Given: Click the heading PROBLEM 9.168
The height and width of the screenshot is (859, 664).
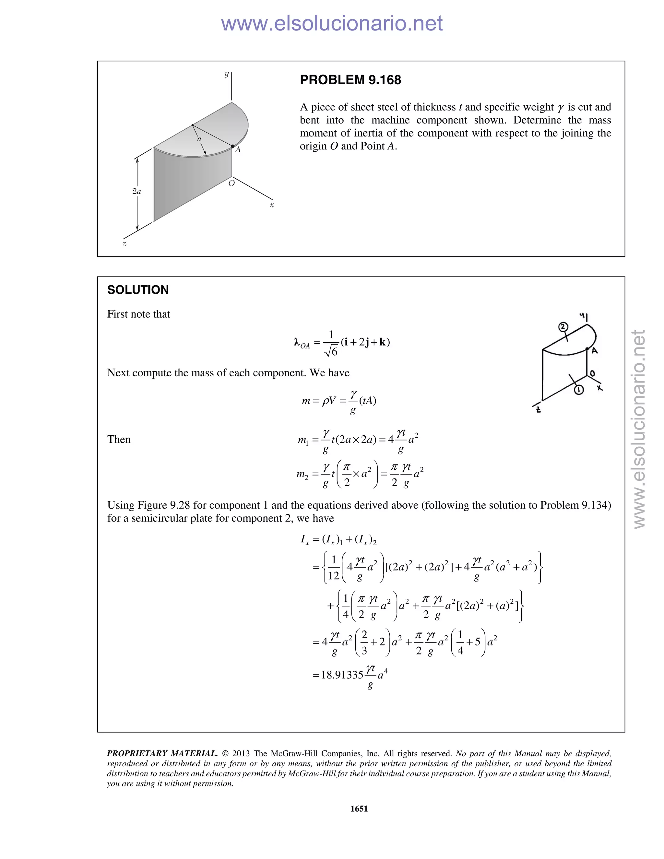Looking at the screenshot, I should tap(350, 80).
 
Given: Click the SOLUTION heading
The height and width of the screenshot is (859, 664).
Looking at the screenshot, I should tap(138, 290).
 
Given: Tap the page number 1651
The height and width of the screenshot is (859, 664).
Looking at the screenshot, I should tap(359, 809).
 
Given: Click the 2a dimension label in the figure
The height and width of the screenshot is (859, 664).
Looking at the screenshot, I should tap(136, 192).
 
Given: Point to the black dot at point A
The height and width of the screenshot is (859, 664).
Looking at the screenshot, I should tap(233, 146).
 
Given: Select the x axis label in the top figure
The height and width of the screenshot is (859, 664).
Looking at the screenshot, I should tap(271, 205).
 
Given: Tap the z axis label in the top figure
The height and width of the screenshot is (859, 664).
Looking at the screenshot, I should tap(125, 244).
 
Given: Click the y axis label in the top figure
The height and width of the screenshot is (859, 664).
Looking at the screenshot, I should tap(227, 74).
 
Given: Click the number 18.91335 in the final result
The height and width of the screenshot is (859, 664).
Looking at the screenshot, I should tap(342, 675).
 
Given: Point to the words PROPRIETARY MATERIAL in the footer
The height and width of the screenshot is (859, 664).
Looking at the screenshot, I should tap(162, 754).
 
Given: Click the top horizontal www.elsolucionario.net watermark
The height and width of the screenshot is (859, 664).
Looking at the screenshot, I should tap(332, 23).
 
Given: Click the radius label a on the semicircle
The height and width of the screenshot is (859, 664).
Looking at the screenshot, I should tap(199, 139).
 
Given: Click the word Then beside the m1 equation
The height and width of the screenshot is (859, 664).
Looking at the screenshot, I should tap(119, 439).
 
